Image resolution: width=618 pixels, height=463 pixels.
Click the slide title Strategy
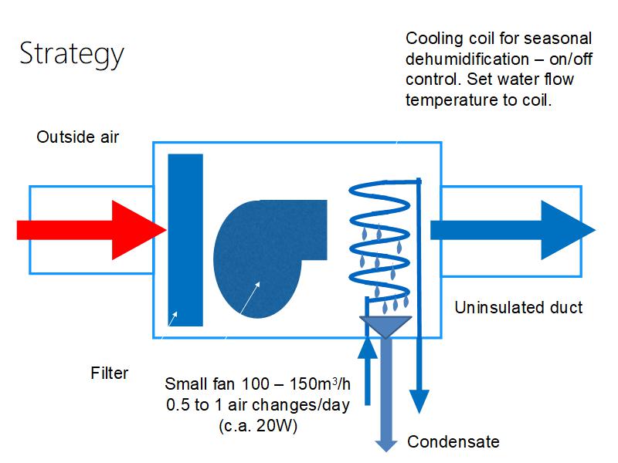coord(71,54)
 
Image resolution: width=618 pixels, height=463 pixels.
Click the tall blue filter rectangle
coord(185,239)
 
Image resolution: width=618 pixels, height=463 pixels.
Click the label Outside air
coord(78,137)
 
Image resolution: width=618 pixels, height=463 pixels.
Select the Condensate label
coord(453,442)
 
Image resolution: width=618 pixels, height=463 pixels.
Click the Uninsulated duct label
coord(518,308)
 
